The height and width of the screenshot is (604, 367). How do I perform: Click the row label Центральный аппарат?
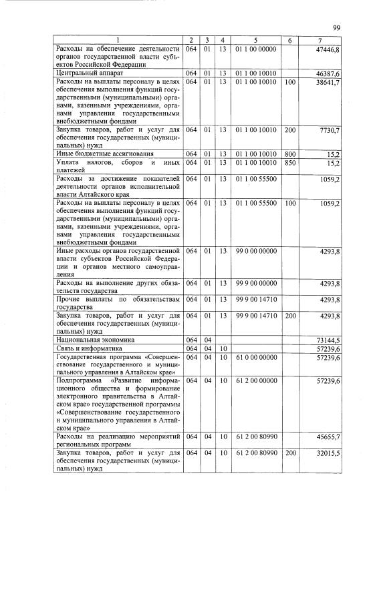pos(83,73)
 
